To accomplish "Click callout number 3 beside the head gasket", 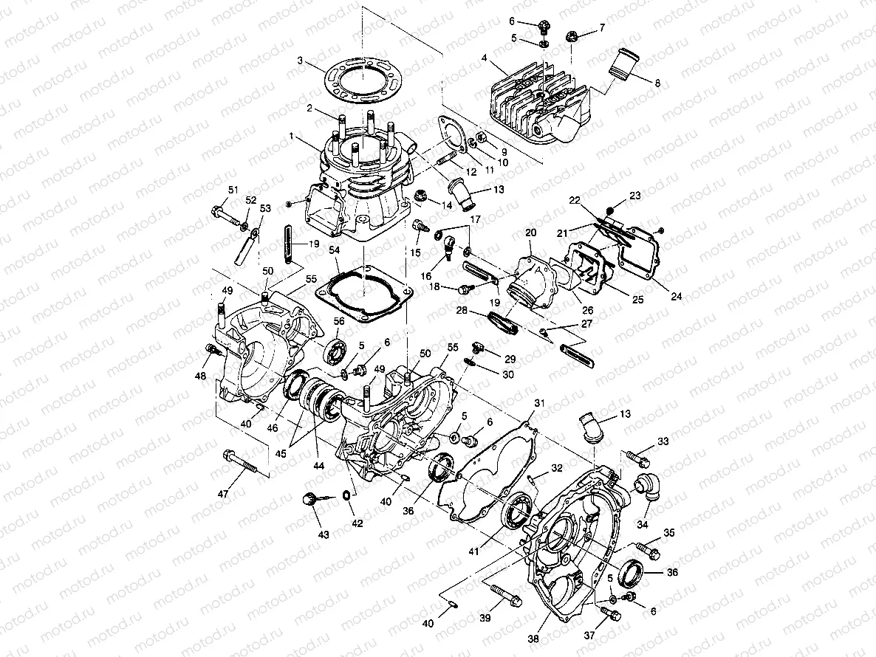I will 300,60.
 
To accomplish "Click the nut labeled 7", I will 572,35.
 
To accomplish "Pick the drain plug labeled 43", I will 309,501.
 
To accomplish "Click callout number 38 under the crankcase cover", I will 533,639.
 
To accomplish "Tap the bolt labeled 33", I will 637,458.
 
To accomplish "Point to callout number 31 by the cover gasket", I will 538,402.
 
